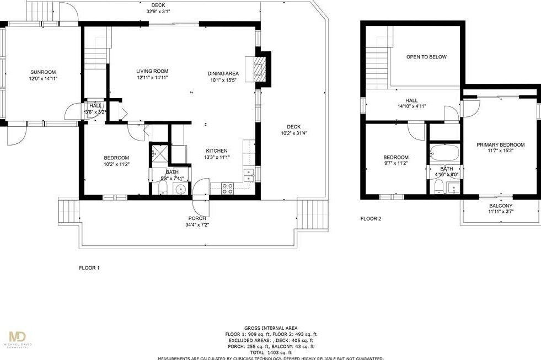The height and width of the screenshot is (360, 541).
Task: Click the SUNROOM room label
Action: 42,72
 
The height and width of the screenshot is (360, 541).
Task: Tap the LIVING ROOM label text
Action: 152,71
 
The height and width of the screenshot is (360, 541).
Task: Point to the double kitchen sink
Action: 249,175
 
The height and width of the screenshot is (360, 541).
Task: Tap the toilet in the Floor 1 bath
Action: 163,189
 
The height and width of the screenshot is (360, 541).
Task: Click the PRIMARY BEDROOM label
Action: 500,145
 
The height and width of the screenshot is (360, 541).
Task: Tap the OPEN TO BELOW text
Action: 426,57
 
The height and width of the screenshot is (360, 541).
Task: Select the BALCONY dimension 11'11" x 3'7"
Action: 500,212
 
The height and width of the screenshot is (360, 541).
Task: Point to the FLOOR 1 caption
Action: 89,268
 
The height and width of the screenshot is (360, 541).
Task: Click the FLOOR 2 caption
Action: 371,219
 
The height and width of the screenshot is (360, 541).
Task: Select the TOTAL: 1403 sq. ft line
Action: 271,352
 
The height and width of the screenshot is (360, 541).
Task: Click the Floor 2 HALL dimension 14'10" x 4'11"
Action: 411,106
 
